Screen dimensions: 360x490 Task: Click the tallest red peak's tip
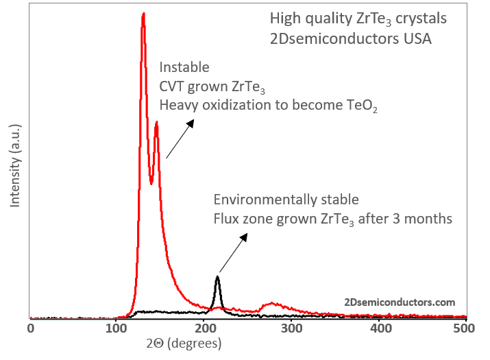[143, 13]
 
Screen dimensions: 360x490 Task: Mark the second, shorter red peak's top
[157, 123]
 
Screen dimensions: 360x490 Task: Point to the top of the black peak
[217, 276]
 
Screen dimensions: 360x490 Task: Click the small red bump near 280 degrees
[272, 303]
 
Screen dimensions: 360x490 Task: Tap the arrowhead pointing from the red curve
[191, 121]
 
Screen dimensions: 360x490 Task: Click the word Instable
[184, 68]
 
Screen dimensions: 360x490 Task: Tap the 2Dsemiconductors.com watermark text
[400, 302]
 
